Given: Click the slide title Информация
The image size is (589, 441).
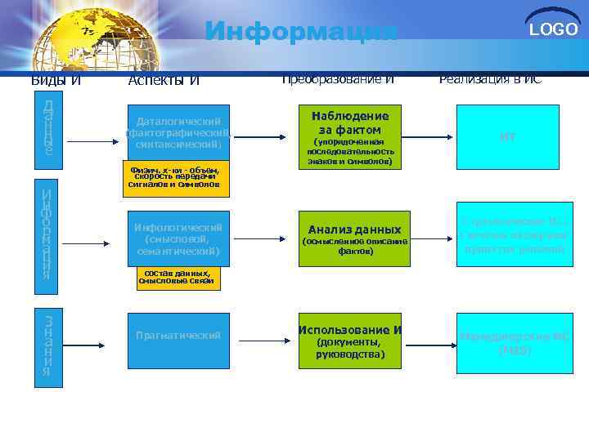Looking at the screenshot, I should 300,32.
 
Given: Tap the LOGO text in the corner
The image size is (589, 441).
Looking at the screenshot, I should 553,30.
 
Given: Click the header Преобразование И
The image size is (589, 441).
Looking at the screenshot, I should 338,79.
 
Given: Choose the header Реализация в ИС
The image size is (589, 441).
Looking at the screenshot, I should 490,79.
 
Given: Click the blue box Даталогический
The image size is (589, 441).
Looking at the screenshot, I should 178,132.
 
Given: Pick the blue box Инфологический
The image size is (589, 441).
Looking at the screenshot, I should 178,239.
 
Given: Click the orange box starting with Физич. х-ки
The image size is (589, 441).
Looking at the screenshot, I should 173,178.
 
